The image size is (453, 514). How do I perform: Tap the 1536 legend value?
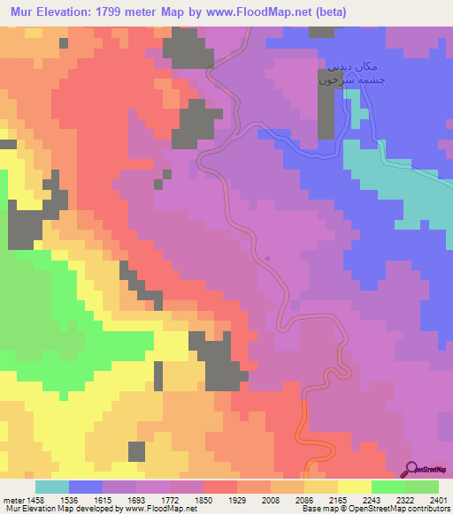point(69,500)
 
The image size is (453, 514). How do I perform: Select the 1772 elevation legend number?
point(172,500)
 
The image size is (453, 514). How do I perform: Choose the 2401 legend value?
point(439,500)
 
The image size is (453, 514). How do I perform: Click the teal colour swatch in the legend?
point(52,487)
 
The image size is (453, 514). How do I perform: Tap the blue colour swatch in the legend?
point(86,487)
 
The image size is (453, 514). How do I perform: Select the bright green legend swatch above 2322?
point(388,487)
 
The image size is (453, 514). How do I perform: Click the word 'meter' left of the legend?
point(12,500)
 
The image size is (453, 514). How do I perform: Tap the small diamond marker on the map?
point(268,258)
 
